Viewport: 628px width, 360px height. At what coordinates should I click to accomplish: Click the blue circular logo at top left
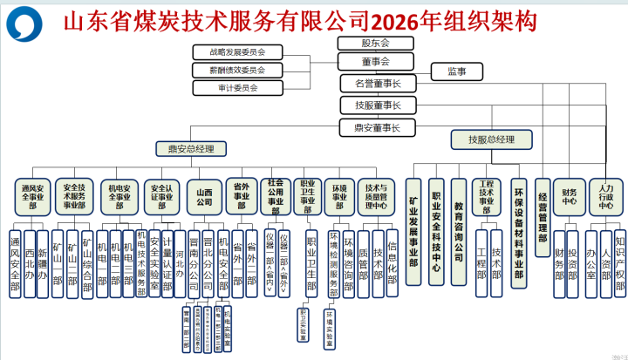pos(24,23)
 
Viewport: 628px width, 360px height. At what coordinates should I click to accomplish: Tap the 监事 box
pos(457,71)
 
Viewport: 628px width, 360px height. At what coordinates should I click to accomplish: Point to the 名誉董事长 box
pos(377,84)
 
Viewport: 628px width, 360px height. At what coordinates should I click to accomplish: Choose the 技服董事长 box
pos(377,105)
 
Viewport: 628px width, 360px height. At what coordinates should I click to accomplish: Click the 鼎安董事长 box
pos(377,128)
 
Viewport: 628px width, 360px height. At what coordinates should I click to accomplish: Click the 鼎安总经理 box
pos(191,149)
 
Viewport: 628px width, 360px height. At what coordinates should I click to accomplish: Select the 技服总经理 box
pos(491,139)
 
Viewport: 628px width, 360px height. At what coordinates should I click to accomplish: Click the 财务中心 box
pos(570,196)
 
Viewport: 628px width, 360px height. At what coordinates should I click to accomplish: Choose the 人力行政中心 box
pos(606,196)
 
